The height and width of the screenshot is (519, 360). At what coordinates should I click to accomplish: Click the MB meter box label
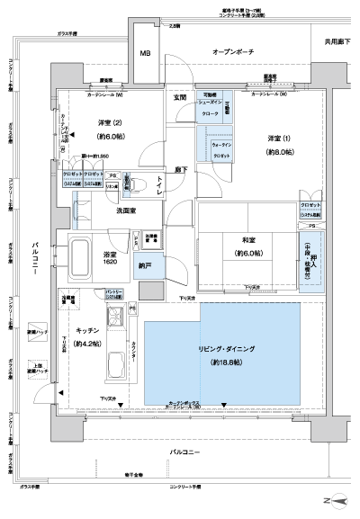(145, 54)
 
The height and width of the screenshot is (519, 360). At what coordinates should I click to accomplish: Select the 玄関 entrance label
(180, 96)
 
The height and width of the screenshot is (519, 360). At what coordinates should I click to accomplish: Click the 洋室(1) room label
(279, 137)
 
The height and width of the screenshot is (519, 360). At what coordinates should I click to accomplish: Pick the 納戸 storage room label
(145, 266)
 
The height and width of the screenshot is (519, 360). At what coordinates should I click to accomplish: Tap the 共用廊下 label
(338, 42)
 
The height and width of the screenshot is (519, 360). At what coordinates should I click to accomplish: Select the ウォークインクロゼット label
(221, 149)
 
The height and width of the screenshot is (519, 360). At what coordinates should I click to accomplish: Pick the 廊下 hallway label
(181, 168)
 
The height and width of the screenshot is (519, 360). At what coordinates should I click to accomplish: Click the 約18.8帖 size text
(227, 362)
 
